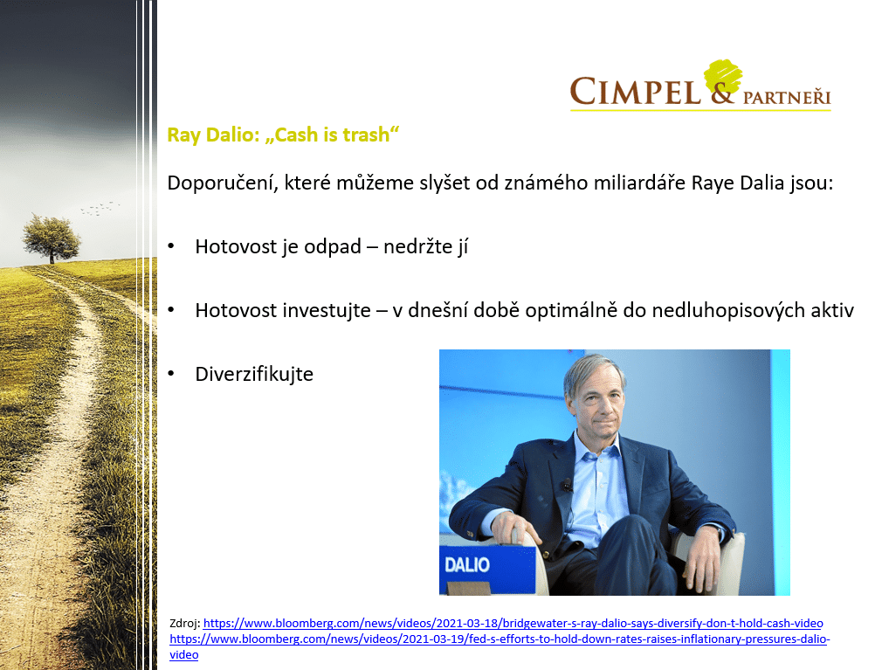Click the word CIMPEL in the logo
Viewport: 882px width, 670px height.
click(x=635, y=91)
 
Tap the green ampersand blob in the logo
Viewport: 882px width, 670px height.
click(x=722, y=81)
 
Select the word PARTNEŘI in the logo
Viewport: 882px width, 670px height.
click(x=786, y=97)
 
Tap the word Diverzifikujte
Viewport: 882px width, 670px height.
click(x=254, y=374)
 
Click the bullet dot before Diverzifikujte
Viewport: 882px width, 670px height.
click(x=171, y=374)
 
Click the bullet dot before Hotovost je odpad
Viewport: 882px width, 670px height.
click(x=171, y=246)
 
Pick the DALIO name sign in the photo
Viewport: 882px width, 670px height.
click(x=467, y=565)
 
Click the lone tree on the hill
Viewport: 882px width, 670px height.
click(x=52, y=238)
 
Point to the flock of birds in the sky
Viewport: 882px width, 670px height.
click(x=100, y=209)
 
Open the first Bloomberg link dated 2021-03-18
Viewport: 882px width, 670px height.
click(x=513, y=624)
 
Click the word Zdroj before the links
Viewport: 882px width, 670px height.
click(x=184, y=624)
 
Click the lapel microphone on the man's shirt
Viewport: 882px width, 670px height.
click(x=567, y=484)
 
